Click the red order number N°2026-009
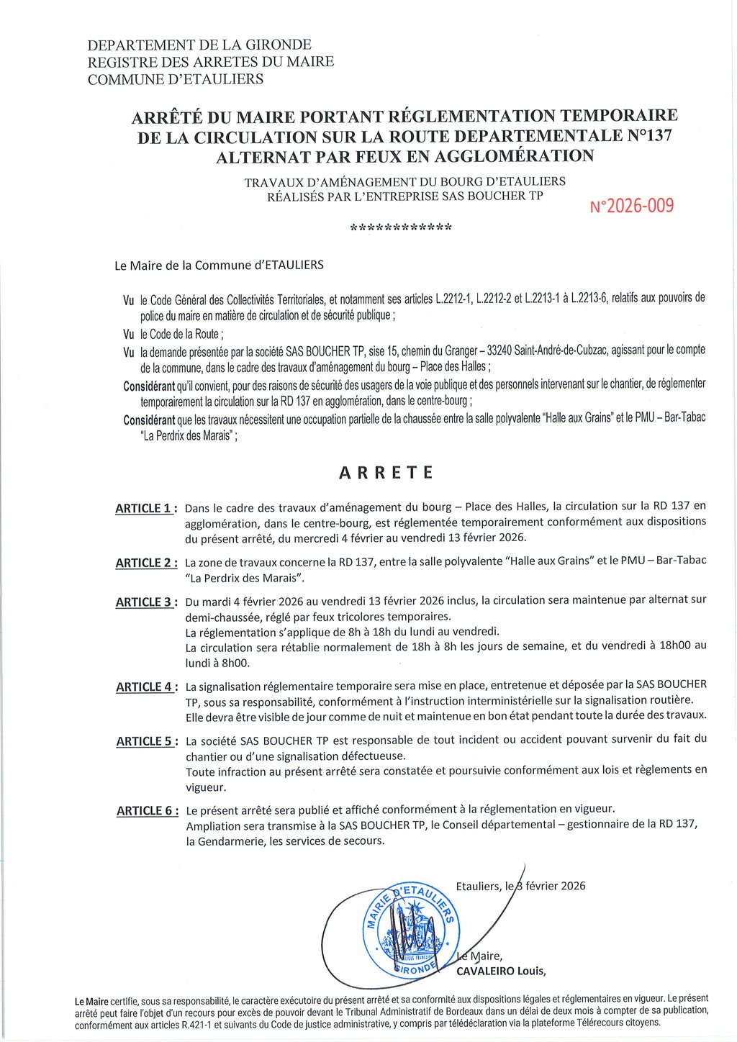pyautogui.click(x=632, y=207)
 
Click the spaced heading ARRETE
pyautogui.click(x=386, y=473)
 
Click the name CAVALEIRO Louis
pyautogui.click(x=501, y=971)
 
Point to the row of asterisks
pyautogui.click(x=401, y=229)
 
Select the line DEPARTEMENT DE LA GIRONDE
pyautogui.click(x=199, y=45)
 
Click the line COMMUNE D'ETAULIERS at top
pyautogui.click(x=176, y=79)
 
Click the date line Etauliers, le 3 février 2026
pyautogui.click(x=520, y=886)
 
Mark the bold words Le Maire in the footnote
pyautogui.click(x=91, y=1001)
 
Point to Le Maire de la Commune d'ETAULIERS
pyautogui.click(x=219, y=266)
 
